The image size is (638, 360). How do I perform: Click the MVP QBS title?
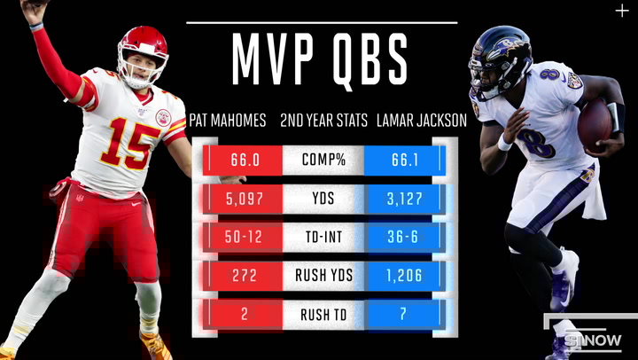320,59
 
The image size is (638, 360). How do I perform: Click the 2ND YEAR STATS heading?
323,121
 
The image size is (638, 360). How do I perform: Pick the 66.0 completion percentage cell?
244,160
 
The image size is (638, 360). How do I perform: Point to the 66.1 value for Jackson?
403,160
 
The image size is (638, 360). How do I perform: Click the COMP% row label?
323,160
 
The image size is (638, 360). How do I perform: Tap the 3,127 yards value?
403,199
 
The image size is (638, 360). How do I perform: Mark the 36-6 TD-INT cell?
403,237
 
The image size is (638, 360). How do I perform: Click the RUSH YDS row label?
323,275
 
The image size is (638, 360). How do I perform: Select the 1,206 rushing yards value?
403,275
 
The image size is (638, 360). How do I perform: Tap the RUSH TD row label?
323,313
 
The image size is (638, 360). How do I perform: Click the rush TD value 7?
403,313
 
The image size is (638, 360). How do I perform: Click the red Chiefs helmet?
144,53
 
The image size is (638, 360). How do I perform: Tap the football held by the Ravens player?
595,124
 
